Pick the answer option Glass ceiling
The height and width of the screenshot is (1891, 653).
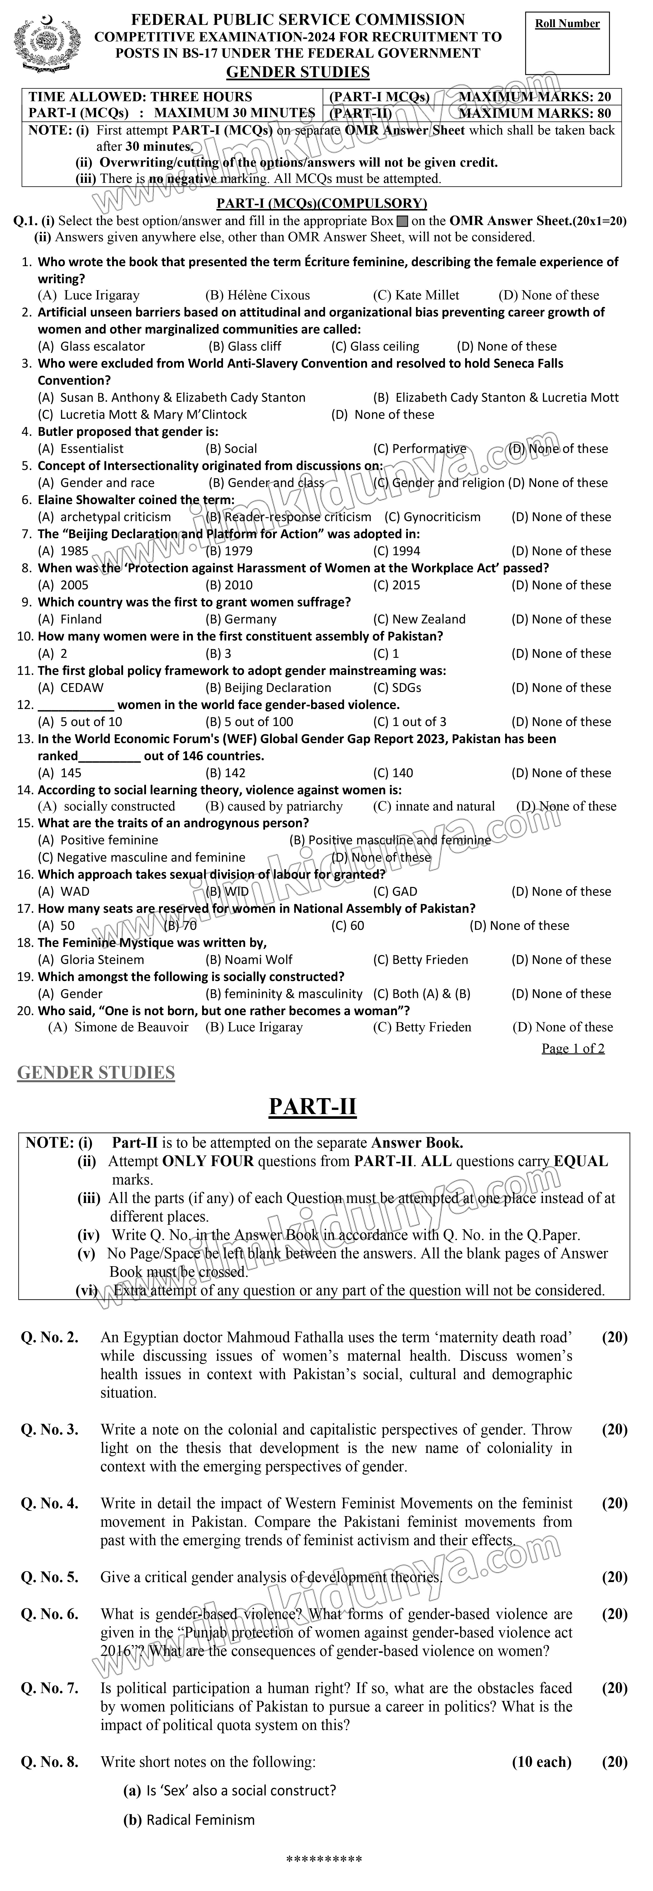point(376,346)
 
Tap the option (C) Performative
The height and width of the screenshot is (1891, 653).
point(420,448)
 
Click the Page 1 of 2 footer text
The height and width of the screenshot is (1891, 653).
point(573,1048)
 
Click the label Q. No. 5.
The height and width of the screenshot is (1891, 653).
point(49,1578)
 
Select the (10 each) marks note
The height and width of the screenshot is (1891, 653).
point(541,1762)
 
